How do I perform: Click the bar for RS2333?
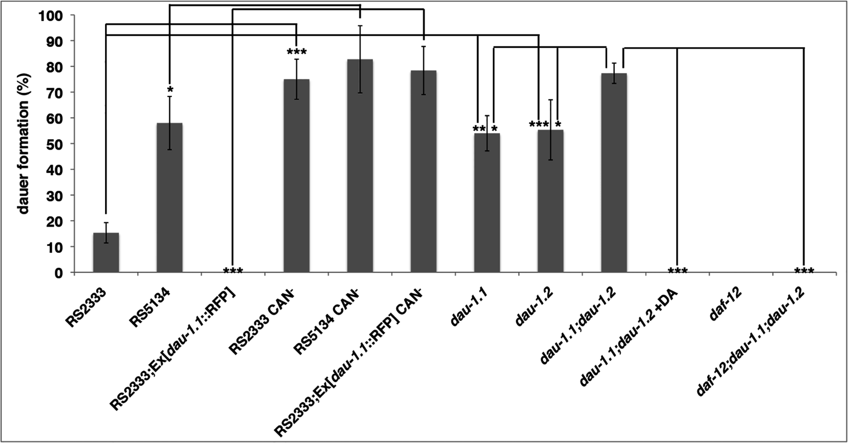click(x=106, y=253)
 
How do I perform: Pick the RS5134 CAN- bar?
click(x=360, y=166)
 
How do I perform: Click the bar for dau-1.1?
click(x=487, y=203)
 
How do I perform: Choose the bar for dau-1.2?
click(x=550, y=201)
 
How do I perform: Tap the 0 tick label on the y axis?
click(x=58, y=273)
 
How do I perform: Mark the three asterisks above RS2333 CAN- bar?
click(x=297, y=53)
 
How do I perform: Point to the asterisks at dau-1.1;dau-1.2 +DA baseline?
click(x=678, y=270)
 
